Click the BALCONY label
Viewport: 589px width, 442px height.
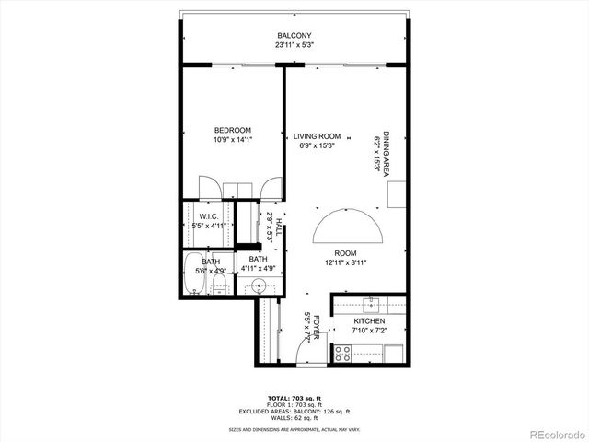[293, 35]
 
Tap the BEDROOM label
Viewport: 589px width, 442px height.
[233, 130]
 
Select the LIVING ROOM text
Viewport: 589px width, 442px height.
[317, 136]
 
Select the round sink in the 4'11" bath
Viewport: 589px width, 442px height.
[260, 286]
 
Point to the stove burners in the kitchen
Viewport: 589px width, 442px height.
[342, 351]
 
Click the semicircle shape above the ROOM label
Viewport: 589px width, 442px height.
[345, 224]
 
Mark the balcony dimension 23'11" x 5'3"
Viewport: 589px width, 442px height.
[293, 44]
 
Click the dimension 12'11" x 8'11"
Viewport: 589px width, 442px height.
[345, 262]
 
